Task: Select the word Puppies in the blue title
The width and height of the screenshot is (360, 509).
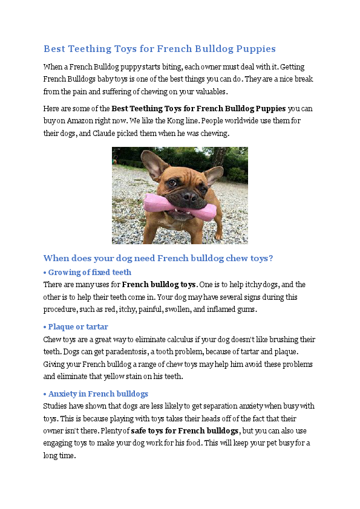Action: coord(252,48)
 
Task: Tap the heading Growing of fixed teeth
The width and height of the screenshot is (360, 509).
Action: coord(90,272)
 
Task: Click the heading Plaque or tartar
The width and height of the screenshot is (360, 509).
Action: coord(78,327)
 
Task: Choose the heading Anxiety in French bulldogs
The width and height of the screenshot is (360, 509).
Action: coord(98,394)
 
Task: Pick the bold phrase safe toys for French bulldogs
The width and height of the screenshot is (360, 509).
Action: coord(185,431)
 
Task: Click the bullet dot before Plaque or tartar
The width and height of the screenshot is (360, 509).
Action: coord(45,327)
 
